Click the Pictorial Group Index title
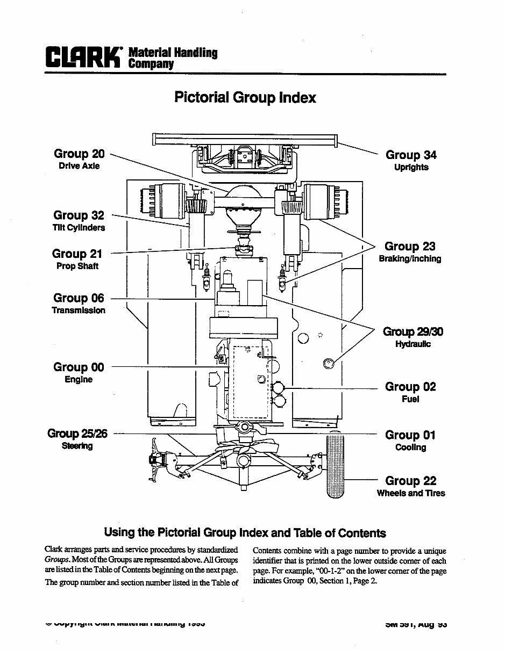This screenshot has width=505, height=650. [x=245, y=97]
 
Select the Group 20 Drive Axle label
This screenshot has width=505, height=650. [x=79, y=160]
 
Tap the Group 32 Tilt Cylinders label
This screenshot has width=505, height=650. [x=79, y=221]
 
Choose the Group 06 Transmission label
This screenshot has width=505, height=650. [x=79, y=304]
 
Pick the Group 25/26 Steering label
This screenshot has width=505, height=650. [x=77, y=439]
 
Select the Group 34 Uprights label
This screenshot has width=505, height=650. [x=411, y=161]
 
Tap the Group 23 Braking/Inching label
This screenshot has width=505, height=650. [x=410, y=252]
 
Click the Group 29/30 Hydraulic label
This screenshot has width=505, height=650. [x=412, y=337]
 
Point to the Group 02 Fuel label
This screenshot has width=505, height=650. [x=410, y=392]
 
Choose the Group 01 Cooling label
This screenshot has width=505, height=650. [x=410, y=440]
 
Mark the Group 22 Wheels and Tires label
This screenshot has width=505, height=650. [x=411, y=486]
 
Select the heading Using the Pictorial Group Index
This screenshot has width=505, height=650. [x=245, y=533]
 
